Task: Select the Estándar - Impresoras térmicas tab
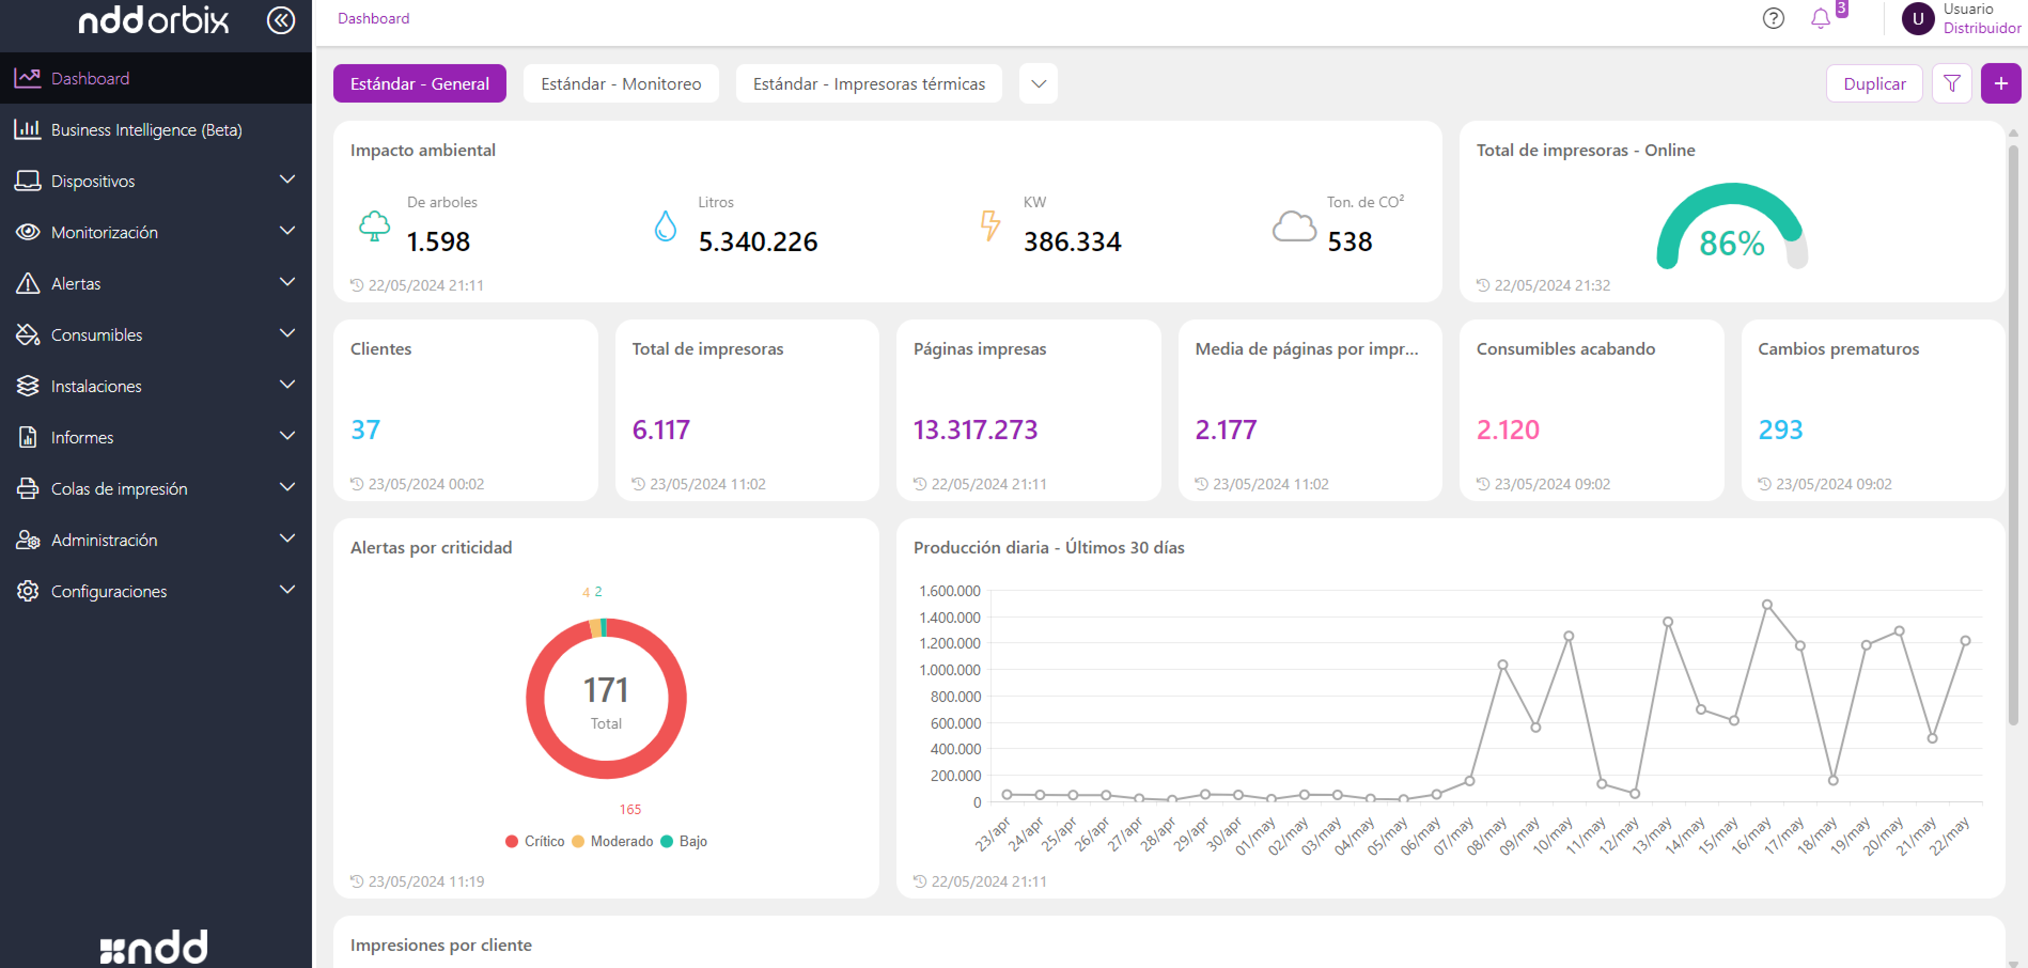coord(868,83)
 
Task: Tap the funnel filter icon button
coord(1951,83)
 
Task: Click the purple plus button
coord(2000,83)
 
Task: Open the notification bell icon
coord(1820,18)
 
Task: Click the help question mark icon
coord(1773,18)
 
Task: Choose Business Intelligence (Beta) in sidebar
coord(146,130)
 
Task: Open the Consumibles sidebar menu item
coord(97,334)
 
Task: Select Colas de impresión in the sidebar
coord(119,489)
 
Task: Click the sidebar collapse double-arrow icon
coord(281,20)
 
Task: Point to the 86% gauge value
coord(1731,243)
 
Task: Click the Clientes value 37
coord(365,430)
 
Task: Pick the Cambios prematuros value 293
coord(1780,430)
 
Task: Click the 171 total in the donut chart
coord(605,690)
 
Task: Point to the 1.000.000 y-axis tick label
coord(949,670)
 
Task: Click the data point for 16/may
coord(1767,604)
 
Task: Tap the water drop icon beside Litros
coord(665,226)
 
